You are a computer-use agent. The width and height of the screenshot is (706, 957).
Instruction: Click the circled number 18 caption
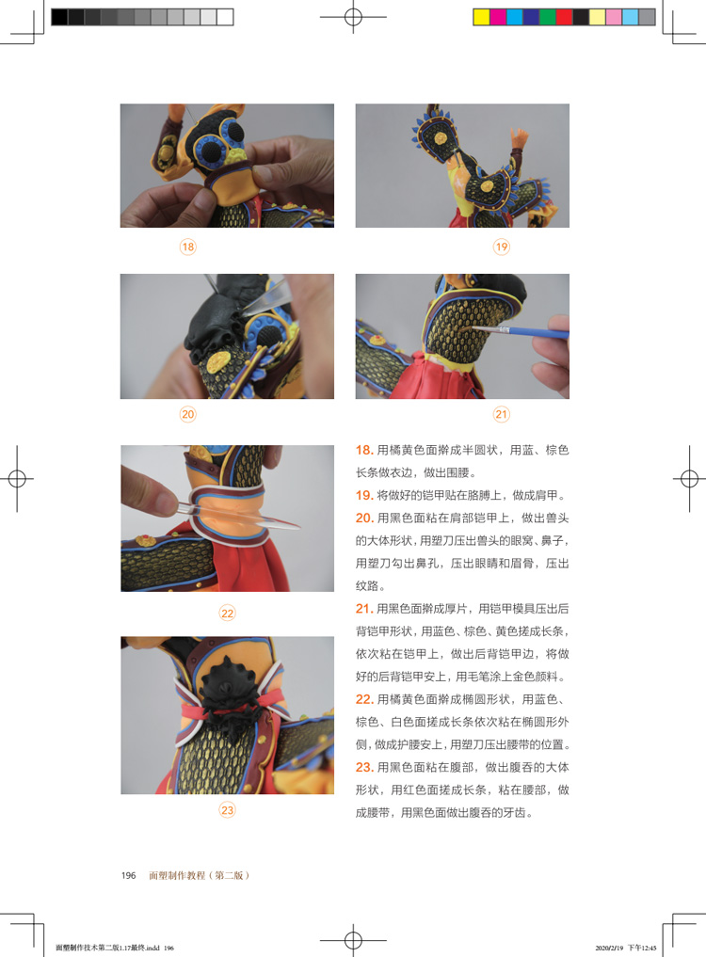click(187, 247)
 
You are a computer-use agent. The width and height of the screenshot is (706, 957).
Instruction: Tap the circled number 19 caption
click(502, 247)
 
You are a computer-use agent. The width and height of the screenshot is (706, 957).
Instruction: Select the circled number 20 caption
click(187, 414)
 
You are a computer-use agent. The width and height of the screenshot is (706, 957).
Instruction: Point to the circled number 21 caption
click(502, 414)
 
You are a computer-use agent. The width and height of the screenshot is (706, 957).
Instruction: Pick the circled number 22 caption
click(227, 613)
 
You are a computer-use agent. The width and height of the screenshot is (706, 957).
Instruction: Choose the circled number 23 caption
click(227, 810)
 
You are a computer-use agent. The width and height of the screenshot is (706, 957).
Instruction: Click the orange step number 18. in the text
click(364, 451)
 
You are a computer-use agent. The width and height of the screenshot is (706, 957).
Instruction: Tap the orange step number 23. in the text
click(364, 767)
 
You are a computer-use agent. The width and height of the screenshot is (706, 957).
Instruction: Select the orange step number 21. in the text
click(364, 609)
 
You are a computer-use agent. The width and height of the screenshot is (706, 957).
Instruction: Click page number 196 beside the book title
click(128, 875)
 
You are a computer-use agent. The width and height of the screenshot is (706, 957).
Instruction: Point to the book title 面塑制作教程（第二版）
click(200, 875)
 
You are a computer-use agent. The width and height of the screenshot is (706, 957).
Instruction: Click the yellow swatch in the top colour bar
click(481, 17)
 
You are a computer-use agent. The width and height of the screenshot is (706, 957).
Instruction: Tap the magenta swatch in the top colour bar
click(498, 17)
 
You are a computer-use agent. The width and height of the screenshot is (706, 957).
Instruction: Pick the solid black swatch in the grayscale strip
click(59, 17)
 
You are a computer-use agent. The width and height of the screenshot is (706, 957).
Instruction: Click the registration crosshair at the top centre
click(353, 17)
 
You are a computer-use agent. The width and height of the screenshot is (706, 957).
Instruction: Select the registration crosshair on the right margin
click(689, 478)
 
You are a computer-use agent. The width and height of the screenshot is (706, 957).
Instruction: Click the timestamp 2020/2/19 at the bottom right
click(609, 948)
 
